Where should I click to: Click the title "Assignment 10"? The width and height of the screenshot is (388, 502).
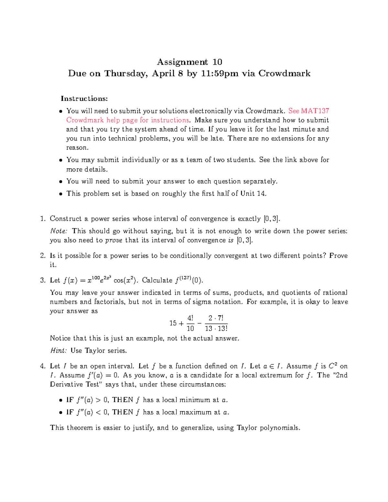(x=189, y=62)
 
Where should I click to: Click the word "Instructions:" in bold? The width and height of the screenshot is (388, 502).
(x=84, y=99)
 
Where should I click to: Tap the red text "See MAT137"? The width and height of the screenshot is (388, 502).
(x=308, y=111)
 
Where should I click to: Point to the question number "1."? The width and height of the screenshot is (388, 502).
(x=43, y=219)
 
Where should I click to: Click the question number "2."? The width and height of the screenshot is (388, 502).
(x=43, y=256)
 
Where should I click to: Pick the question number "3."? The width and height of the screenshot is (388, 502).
(x=43, y=280)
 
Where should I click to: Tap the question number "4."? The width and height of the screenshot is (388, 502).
(x=43, y=366)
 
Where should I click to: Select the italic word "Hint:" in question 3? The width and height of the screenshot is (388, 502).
(x=59, y=351)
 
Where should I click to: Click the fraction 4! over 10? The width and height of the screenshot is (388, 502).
(x=190, y=323)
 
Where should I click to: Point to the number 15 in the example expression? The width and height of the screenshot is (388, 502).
(x=173, y=323)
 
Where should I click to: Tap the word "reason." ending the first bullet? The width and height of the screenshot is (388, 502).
(x=77, y=148)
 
